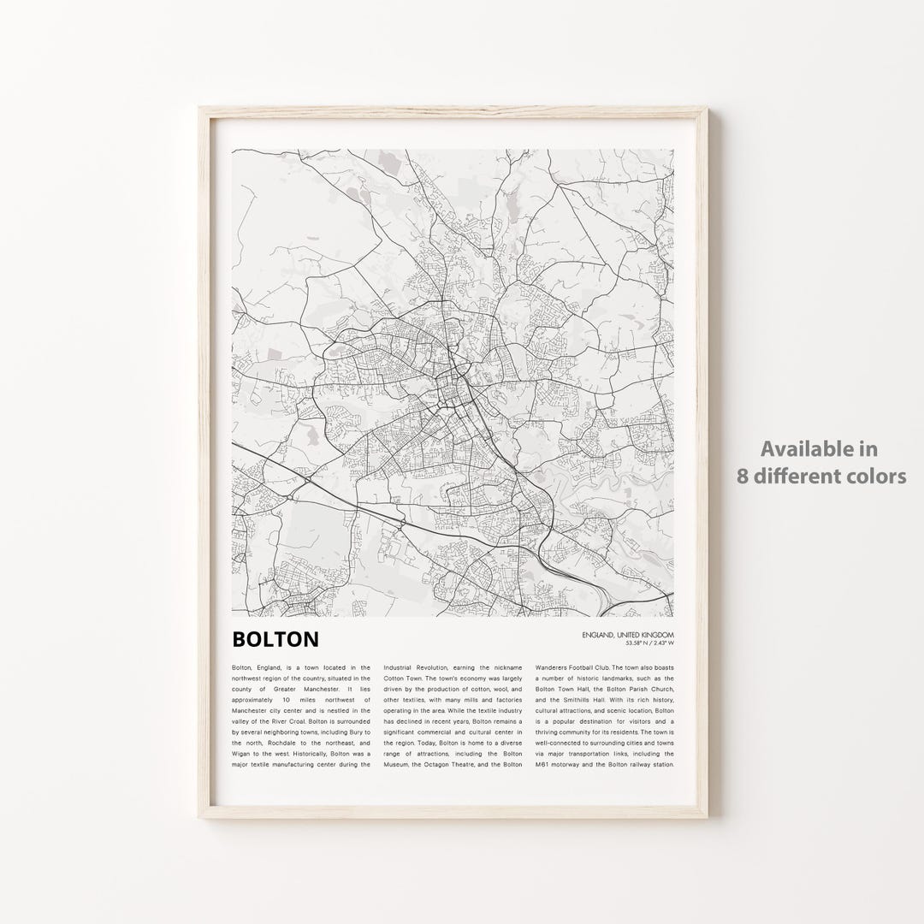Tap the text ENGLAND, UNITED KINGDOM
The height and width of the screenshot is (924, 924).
[x=627, y=634]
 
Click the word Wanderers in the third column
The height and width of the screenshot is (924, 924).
[x=556, y=666]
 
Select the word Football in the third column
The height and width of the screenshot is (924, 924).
[x=606, y=666]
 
